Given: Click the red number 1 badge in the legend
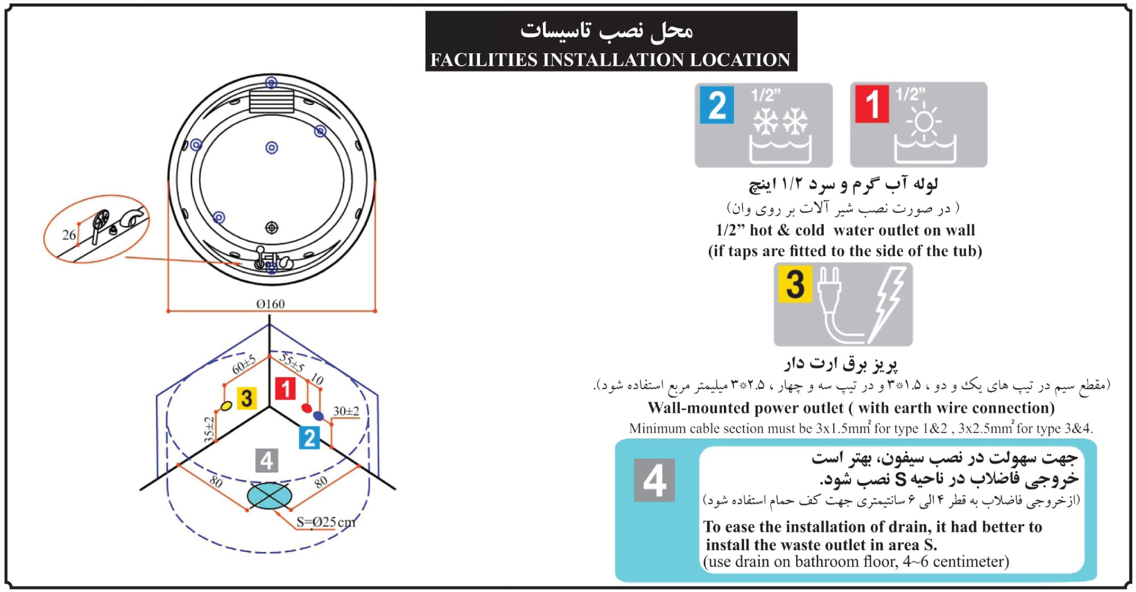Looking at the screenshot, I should (x=871, y=104).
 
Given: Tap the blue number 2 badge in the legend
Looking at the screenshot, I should (x=716, y=105).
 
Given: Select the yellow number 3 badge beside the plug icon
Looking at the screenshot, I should (x=795, y=284).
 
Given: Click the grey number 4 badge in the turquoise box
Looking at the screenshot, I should (x=654, y=480).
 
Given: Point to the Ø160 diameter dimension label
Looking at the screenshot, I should (x=271, y=304).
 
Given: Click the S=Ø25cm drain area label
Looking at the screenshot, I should (x=326, y=522).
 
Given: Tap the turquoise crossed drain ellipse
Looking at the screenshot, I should (x=270, y=497).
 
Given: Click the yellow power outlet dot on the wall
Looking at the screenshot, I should (x=226, y=406).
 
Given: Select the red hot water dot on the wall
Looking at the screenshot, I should (x=306, y=408).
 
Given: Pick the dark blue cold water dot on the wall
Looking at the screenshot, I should (x=318, y=415).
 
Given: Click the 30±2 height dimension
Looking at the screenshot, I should (x=346, y=411).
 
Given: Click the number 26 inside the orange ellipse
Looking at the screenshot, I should (x=69, y=235).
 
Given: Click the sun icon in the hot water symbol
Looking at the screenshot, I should (x=924, y=121).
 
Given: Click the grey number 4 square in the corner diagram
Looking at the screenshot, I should (x=267, y=460).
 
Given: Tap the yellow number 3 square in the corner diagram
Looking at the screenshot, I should (x=246, y=398).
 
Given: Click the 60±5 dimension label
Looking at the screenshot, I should (x=244, y=365).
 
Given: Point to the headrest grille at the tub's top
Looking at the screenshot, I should (x=271, y=100).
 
